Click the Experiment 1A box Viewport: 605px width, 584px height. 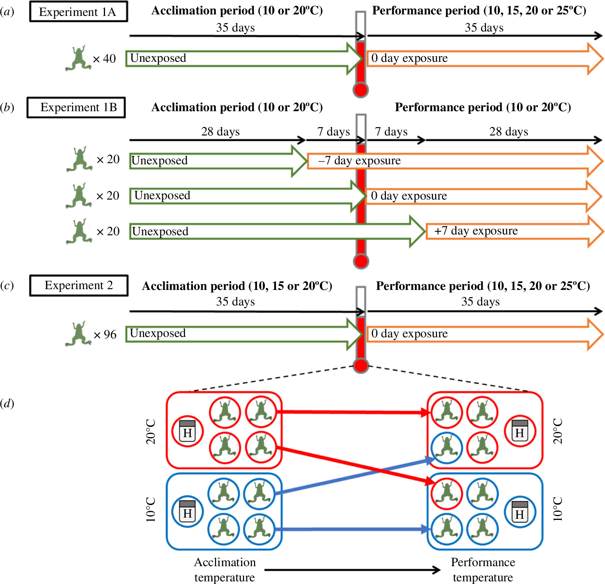[78, 12]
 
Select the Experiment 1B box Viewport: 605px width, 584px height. [76, 107]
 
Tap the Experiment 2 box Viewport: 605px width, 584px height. [78, 285]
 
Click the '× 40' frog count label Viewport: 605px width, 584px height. [105, 59]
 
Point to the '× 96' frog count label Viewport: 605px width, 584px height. [105, 335]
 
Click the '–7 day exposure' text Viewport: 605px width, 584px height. [359, 161]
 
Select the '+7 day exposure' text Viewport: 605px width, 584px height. [476, 231]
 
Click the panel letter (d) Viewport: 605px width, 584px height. [7, 403]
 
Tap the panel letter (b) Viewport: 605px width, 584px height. [7, 107]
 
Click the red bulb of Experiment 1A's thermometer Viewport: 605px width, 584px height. [360, 90]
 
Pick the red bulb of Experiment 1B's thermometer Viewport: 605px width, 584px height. [361, 261]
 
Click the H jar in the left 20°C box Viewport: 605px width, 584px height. [187, 431]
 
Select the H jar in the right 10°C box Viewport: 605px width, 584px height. [520, 512]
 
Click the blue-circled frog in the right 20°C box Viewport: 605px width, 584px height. [447, 448]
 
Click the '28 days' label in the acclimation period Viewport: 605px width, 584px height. [220, 132]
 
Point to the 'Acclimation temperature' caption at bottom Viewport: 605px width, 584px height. [225, 570]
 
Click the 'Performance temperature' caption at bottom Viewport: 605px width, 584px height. [483, 570]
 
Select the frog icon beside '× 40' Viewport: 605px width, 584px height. [78, 58]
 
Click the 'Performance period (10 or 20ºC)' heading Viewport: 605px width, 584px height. [483, 107]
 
